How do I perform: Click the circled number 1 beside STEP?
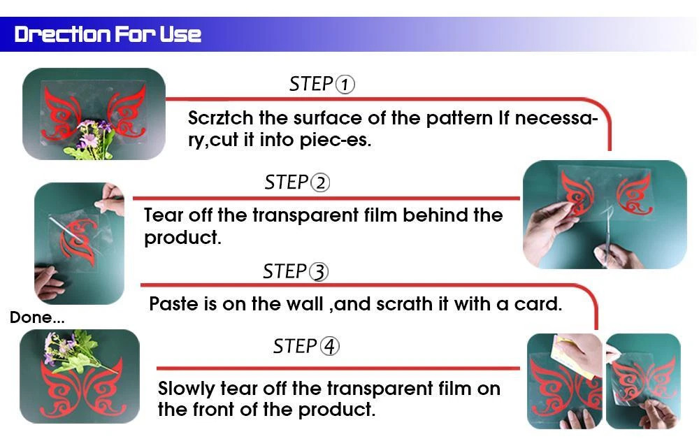(x=345, y=85)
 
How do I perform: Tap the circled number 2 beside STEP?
(x=320, y=183)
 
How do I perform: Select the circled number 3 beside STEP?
(x=318, y=272)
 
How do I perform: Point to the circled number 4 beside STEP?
(x=329, y=347)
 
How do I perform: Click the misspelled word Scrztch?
(x=220, y=118)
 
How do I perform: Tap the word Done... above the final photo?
(x=37, y=317)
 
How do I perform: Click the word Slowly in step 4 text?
(x=187, y=389)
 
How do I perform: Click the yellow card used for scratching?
(x=566, y=356)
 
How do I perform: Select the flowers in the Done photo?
(x=72, y=351)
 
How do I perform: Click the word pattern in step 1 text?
(x=459, y=118)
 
